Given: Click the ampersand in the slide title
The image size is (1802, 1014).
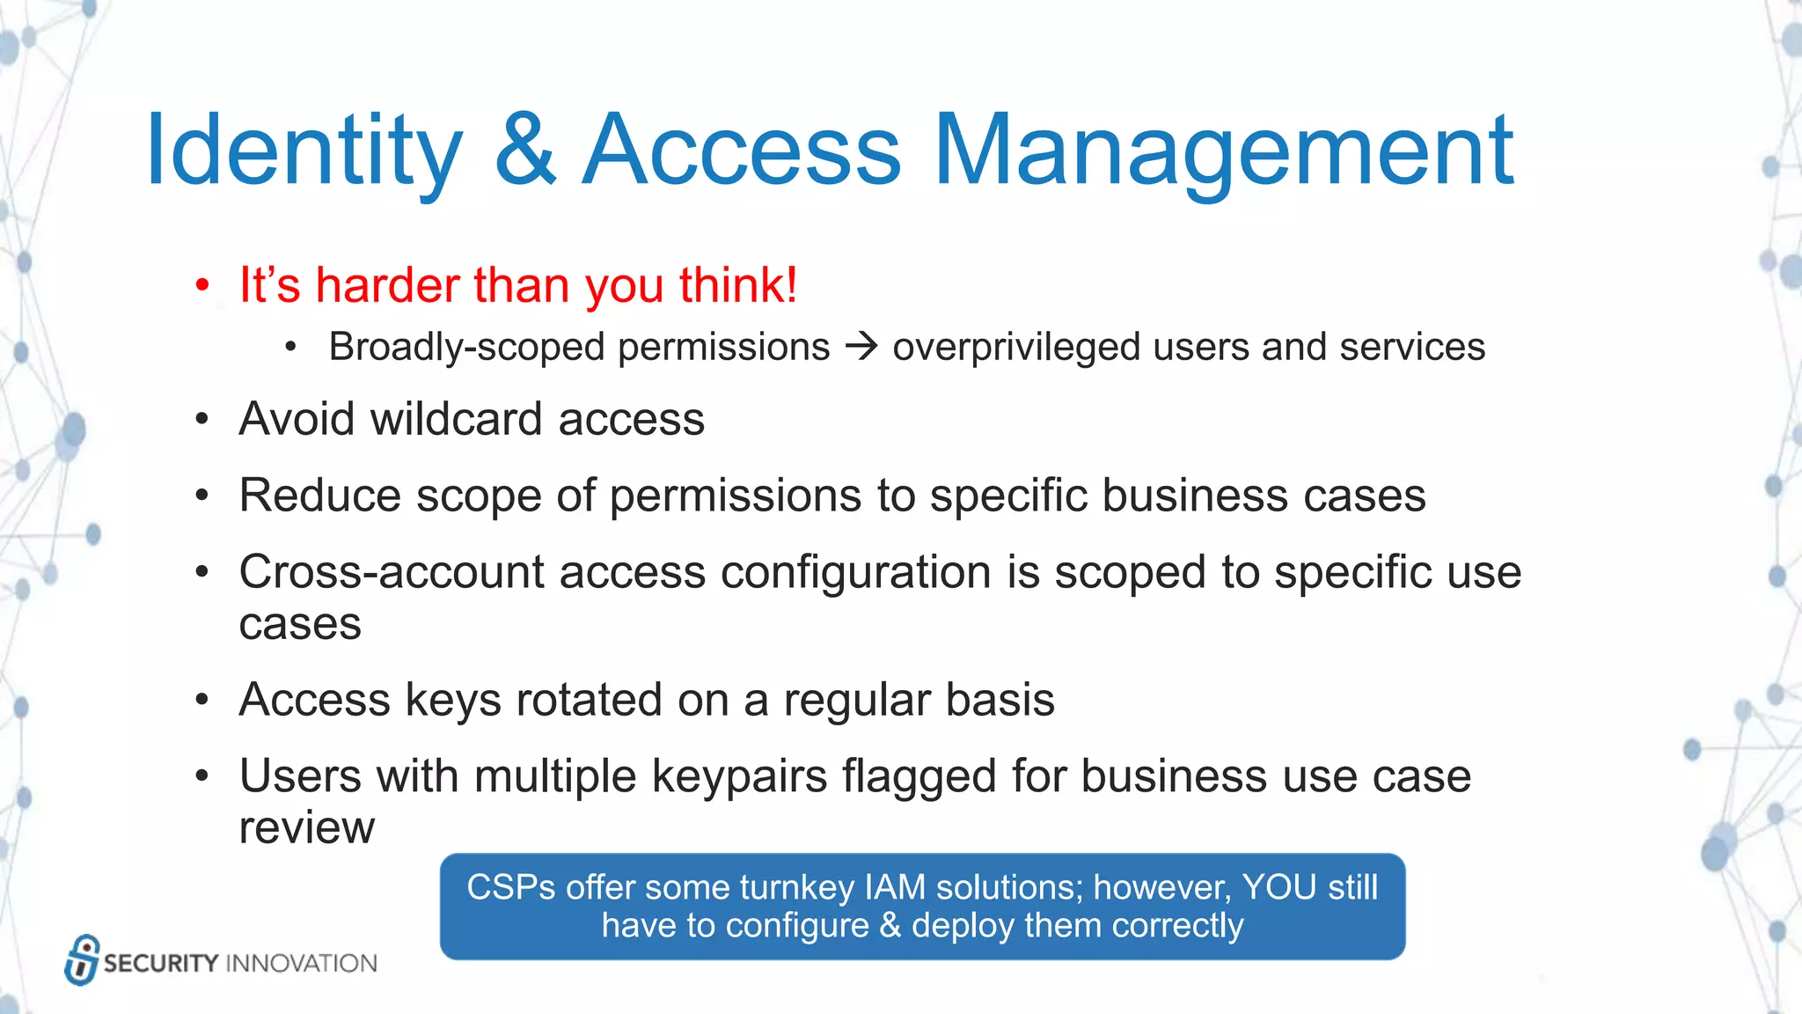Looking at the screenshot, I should [x=525, y=151].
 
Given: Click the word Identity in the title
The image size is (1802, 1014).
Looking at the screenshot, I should [x=304, y=151].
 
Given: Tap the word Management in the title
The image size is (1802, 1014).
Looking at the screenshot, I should [x=1223, y=151].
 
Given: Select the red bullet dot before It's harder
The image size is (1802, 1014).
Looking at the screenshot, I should [x=202, y=286].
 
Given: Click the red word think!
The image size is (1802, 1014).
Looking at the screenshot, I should [x=737, y=285].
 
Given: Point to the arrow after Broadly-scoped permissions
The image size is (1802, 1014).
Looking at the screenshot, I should [x=861, y=347].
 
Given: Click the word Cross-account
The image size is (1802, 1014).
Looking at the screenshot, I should [x=392, y=572].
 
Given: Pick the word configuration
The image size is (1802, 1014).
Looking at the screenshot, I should [x=856, y=572].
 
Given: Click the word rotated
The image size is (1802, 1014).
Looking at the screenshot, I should [x=589, y=700].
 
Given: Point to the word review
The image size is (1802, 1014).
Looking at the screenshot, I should [x=306, y=827].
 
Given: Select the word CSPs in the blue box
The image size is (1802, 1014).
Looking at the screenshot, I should [x=510, y=887].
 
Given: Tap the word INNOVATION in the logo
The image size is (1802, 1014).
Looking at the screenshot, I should [x=302, y=963].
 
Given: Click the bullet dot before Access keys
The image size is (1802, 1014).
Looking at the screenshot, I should [x=202, y=701].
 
